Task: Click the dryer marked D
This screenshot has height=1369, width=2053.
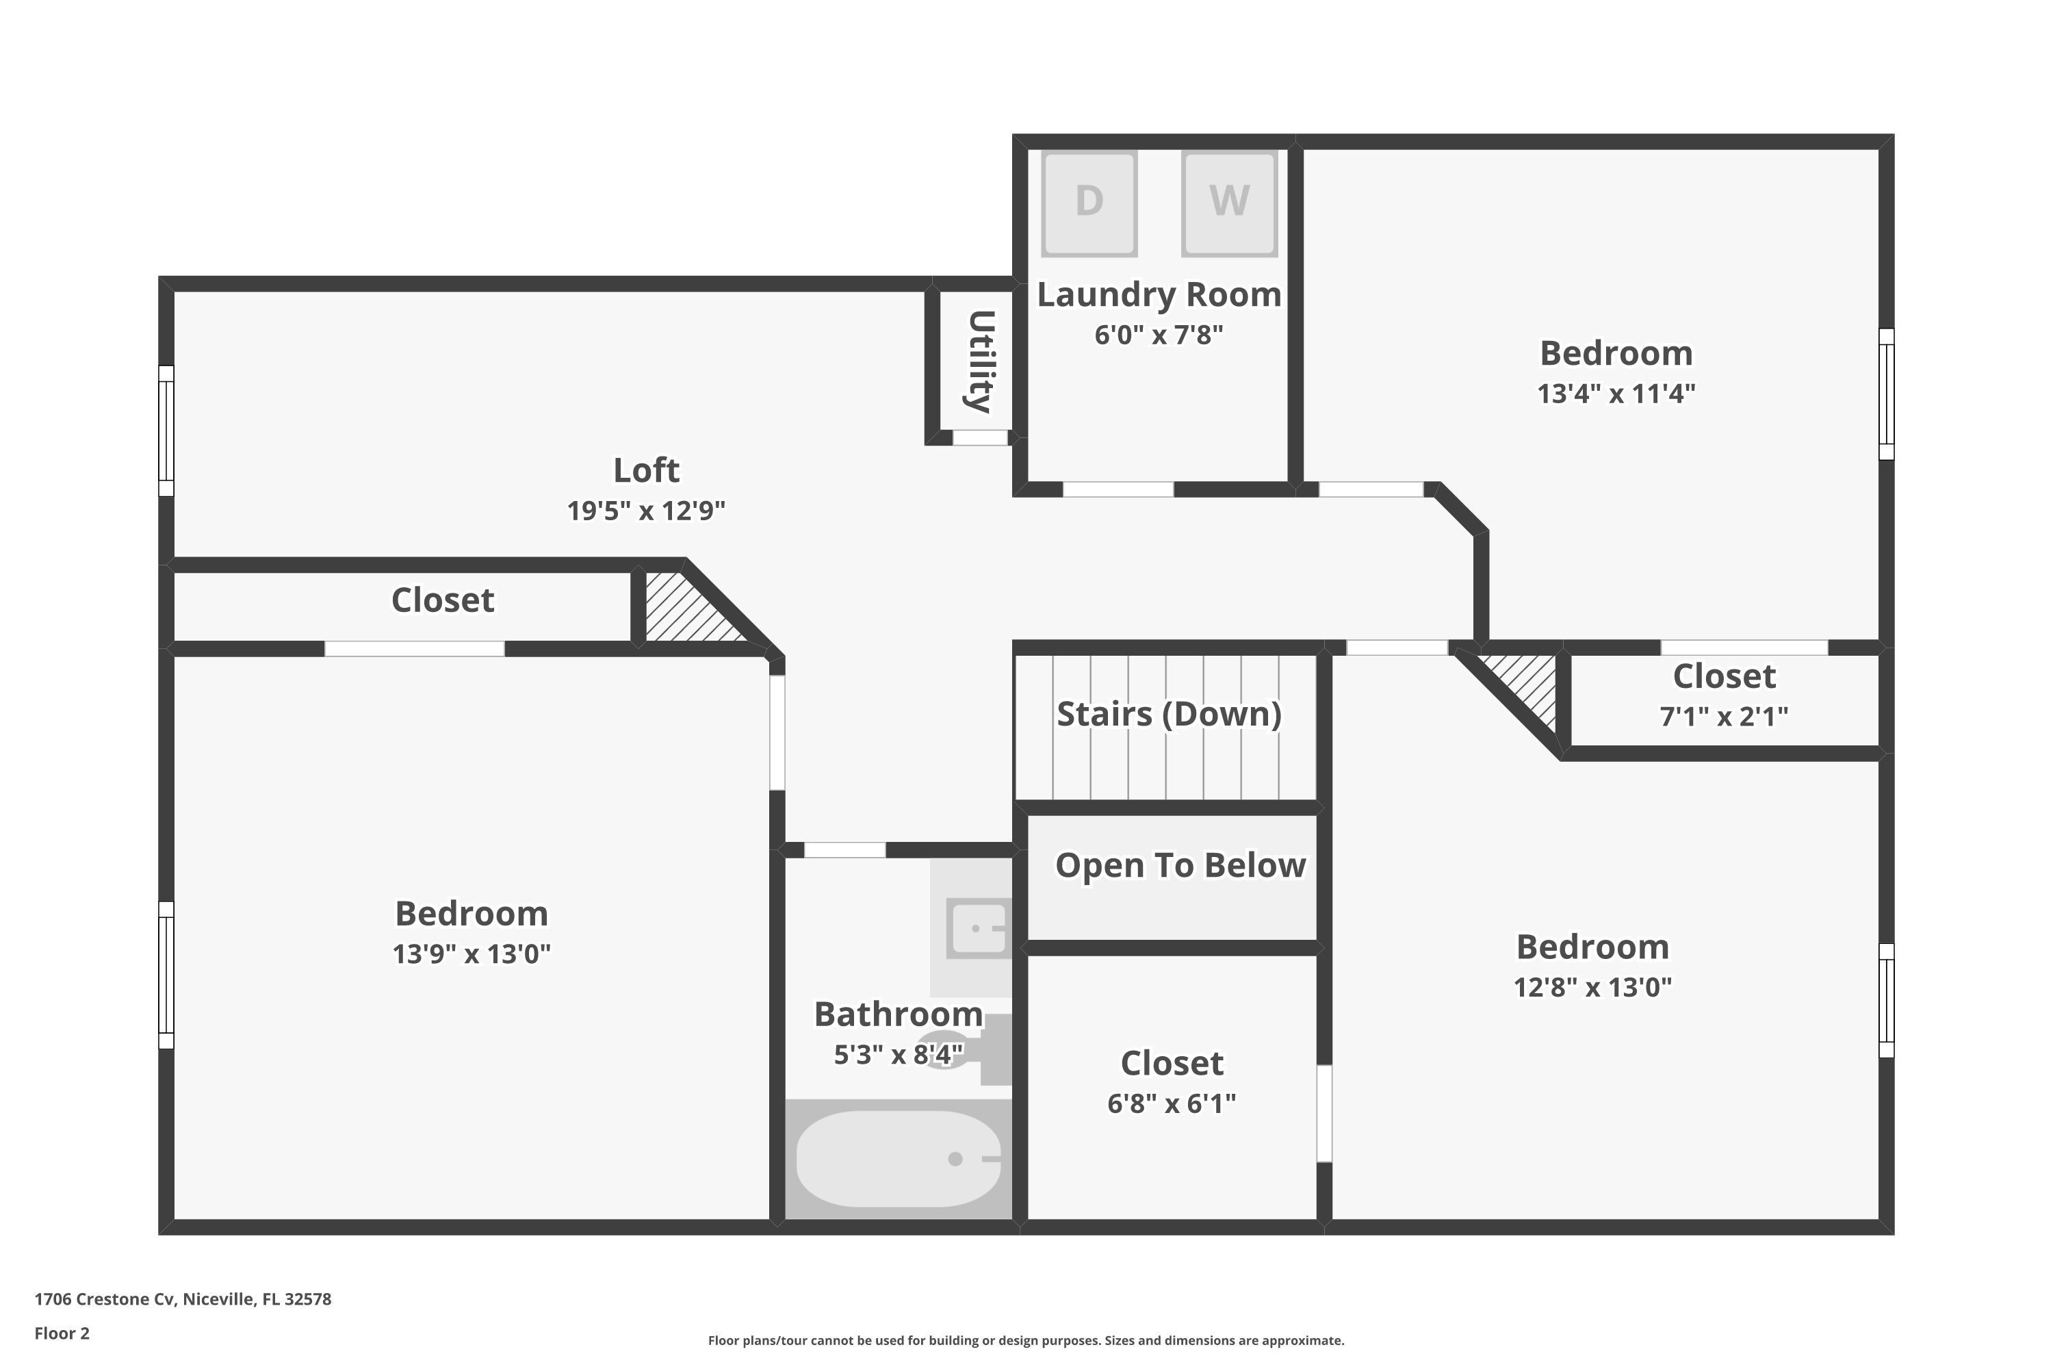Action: click(1089, 203)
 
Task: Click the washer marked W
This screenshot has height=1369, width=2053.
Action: click(1229, 203)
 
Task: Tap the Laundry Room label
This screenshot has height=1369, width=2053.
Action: click(1159, 295)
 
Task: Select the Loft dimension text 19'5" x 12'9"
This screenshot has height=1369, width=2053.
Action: click(646, 511)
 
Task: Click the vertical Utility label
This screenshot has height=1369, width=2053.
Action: click(980, 361)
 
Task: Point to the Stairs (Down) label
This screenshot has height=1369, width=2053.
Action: click(1169, 714)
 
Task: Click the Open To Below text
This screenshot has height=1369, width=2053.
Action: click(1180, 865)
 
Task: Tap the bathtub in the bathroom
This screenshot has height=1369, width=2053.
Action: click(898, 1159)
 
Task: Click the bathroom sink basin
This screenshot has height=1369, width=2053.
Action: click(979, 927)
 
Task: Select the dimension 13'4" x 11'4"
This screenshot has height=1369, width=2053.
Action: click(1616, 394)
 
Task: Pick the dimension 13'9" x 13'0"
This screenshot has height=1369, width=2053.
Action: click(472, 954)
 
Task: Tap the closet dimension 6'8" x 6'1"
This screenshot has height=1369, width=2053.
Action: click(1172, 1103)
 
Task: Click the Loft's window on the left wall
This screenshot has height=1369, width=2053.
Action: click(166, 431)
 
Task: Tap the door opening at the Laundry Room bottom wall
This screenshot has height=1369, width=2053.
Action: click(1118, 489)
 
